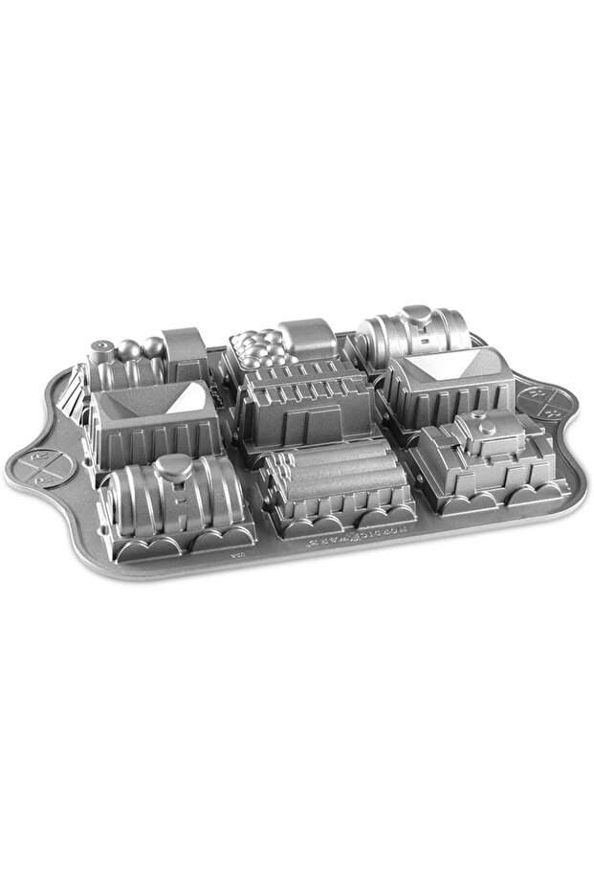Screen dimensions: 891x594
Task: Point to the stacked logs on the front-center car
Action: (x=330, y=476)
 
